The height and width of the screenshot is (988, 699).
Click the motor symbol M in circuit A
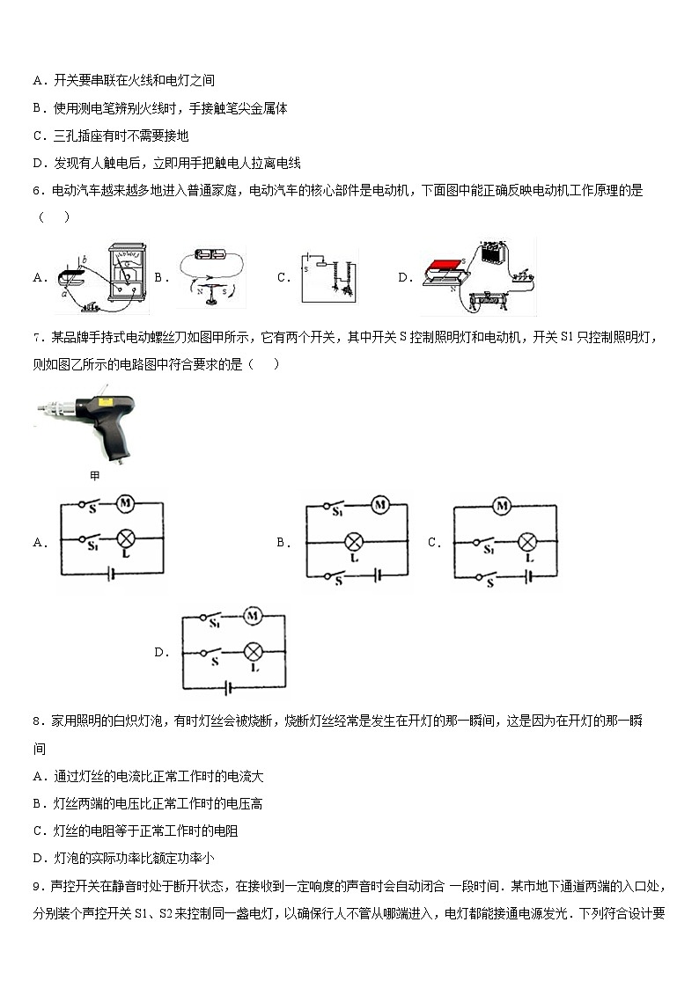[x=126, y=504]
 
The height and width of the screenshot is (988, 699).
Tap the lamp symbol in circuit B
[x=355, y=541]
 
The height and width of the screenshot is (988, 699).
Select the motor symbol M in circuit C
[x=503, y=506]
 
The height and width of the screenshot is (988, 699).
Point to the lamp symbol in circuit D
[x=254, y=652]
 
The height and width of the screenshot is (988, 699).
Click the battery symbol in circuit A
[x=110, y=575]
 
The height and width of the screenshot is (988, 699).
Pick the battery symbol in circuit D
[x=231, y=687]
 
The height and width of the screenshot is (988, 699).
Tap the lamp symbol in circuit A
[x=126, y=540]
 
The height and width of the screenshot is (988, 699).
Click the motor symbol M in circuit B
[x=379, y=505]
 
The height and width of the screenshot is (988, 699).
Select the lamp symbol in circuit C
[x=527, y=541]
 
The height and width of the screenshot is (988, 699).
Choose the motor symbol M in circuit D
[x=254, y=617]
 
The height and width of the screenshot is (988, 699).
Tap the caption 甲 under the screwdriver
[x=95, y=476]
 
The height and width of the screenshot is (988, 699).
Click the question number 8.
[x=37, y=721]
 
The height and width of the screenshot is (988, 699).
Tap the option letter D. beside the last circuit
[x=161, y=653]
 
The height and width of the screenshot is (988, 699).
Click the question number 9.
[x=37, y=888]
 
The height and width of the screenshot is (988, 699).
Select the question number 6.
[x=37, y=190]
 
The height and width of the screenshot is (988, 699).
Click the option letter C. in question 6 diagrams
[x=283, y=277]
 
